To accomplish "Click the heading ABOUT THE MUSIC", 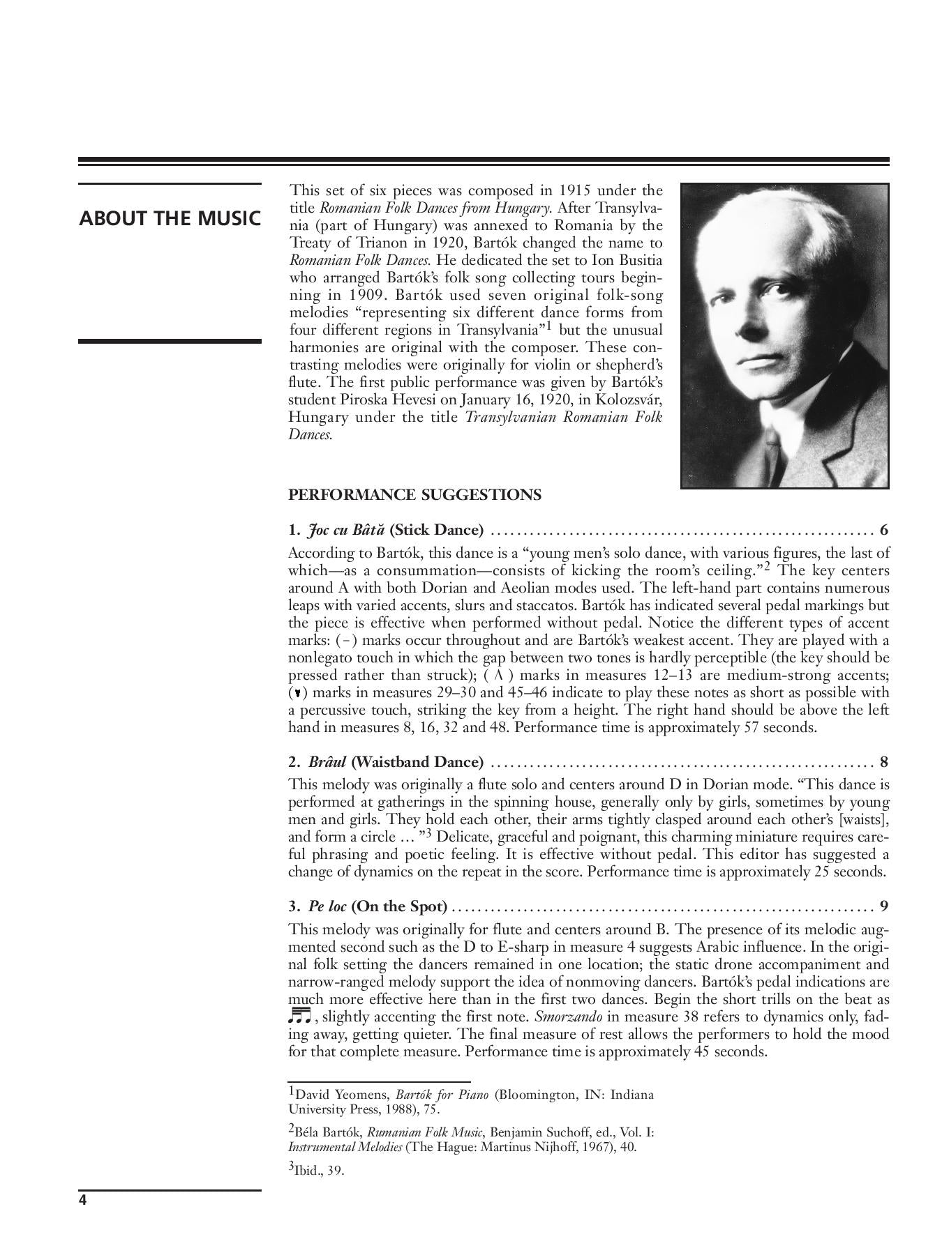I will [x=170, y=218].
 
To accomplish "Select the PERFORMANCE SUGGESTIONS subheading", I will [x=414, y=495].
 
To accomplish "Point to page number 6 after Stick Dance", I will [x=884, y=530].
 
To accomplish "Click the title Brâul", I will [x=327, y=761].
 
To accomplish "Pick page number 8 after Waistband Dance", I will [x=884, y=761].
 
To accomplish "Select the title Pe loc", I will [x=327, y=906].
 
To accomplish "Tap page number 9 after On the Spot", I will [x=884, y=906].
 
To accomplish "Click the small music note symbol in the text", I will [x=299, y=1015].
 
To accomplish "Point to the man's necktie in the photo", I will [x=771, y=446].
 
